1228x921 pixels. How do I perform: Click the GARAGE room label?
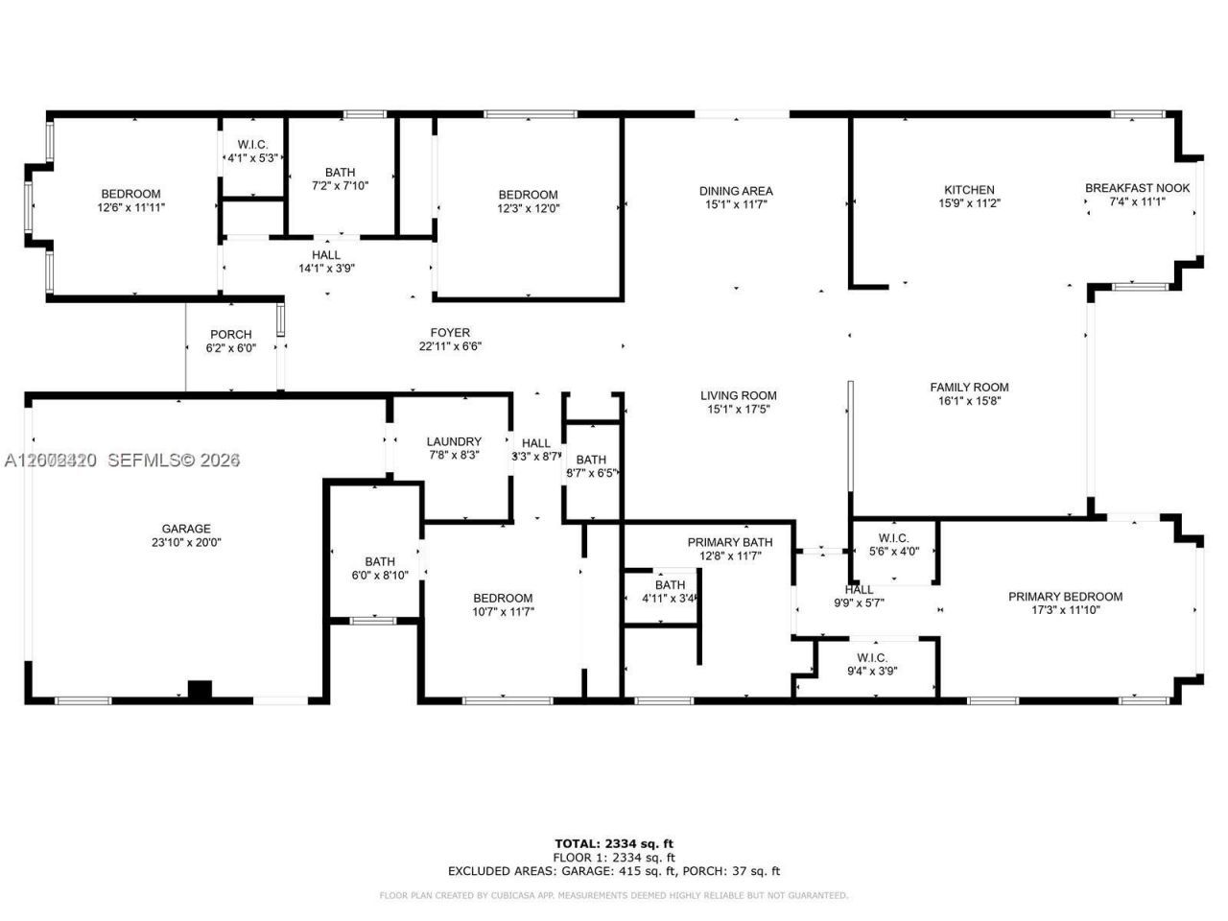[x=186, y=529]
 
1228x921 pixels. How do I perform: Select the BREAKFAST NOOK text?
[x=1137, y=188]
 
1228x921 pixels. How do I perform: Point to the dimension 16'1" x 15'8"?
[x=969, y=402]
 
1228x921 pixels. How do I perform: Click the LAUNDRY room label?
[x=454, y=441]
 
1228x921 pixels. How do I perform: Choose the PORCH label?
[x=230, y=335]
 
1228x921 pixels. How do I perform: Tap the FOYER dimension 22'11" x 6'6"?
[x=450, y=347]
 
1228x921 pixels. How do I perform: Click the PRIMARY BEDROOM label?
[x=1065, y=597]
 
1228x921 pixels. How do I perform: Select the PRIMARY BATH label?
[x=730, y=542]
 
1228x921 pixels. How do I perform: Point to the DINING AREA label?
[x=736, y=191]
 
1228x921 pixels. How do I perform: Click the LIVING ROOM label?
[x=738, y=395]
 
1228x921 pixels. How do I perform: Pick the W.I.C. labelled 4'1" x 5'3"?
[x=252, y=158]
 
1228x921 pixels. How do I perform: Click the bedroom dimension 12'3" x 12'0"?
[x=528, y=208]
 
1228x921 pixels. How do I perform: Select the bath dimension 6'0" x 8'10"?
[x=380, y=576]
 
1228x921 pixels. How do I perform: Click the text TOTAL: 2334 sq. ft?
[x=614, y=843]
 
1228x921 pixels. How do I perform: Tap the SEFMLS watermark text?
[x=173, y=460]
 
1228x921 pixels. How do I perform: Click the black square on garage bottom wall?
[x=200, y=690]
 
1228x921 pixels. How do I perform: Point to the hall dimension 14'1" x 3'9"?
[x=326, y=269]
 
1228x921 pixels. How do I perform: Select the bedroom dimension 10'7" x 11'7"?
[x=502, y=611]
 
